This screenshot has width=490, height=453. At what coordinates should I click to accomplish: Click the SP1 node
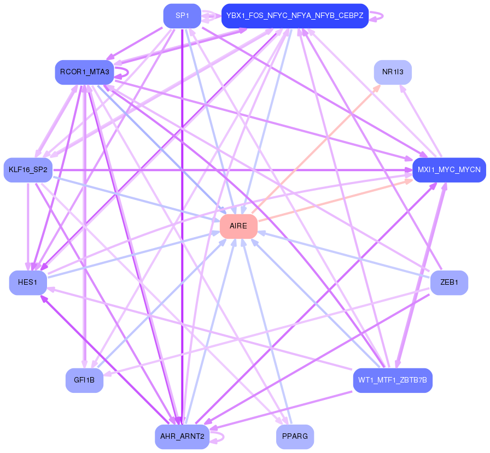tap(182, 16)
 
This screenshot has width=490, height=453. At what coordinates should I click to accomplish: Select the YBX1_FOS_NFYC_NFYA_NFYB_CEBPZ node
tap(295, 16)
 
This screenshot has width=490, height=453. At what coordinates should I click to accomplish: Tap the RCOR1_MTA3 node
tap(85, 72)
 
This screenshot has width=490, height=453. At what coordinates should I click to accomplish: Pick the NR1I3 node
tap(393, 72)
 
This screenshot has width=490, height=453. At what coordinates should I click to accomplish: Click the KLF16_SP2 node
tap(28, 170)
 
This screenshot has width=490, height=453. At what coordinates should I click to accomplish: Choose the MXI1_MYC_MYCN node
tap(449, 170)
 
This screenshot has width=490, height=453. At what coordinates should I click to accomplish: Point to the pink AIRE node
tap(238, 226)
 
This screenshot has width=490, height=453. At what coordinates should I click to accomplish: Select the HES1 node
tap(28, 283)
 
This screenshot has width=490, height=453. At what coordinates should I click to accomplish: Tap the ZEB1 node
tap(449, 283)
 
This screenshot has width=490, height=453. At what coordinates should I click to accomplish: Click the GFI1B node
tap(84, 380)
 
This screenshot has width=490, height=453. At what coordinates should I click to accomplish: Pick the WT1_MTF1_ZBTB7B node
tap(393, 380)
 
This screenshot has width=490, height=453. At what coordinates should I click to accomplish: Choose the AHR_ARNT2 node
tap(182, 437)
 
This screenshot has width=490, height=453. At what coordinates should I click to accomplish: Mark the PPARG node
tap(295, 437)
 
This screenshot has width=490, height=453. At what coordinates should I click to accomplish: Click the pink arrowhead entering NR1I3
tap(377, 87)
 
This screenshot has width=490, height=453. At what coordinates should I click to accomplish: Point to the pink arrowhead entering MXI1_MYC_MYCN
tap(409, 181)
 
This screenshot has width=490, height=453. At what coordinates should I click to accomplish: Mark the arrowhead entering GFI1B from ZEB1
tap(107, 373)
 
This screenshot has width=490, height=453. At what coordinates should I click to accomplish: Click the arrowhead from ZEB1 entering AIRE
tap(261, 233)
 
